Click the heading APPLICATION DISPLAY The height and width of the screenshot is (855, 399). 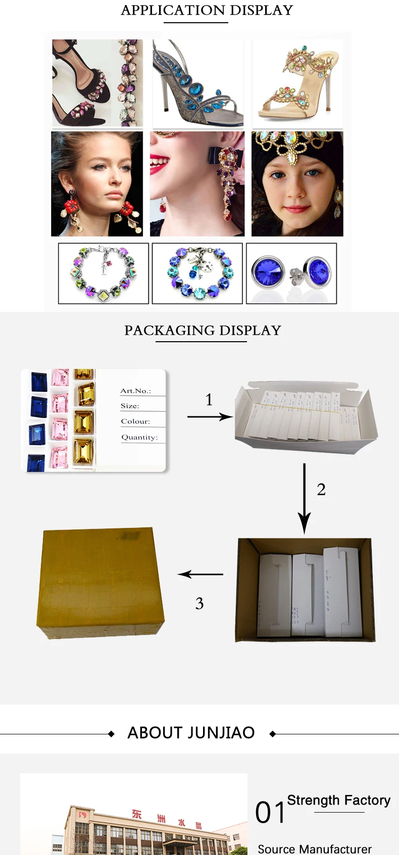coord(207,11)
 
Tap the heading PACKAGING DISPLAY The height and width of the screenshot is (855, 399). coord(203,331)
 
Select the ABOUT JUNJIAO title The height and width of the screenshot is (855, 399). coord(191,733)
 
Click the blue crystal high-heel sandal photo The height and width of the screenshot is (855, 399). coord(197,83)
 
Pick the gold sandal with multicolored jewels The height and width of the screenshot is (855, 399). coord(297,83)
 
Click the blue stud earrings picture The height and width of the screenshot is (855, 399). coord(291,274)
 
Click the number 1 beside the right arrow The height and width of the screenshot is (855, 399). coord(209,400)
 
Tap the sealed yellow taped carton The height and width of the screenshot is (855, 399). coord(101,583)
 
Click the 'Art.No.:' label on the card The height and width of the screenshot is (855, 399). coord(135,391)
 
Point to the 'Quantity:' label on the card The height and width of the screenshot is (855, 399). coord(139,438)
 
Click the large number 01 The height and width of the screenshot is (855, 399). coord(270,813)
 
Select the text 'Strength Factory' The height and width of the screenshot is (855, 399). coord(338,800)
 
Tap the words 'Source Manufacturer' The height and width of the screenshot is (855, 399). coord(314,849)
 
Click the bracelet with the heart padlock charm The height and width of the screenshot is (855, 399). coord(197,274)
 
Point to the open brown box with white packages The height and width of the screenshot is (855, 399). coord(305,590)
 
